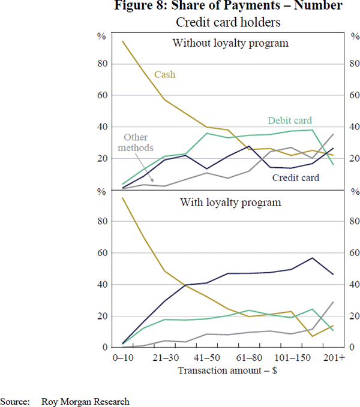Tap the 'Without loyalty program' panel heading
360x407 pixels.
tap(230, 43)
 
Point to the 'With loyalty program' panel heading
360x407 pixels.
tap(230, 202)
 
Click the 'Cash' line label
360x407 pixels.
tap(165, 75)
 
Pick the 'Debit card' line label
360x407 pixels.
tap(290, 120)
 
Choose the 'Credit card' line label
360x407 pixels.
tap(296, 177)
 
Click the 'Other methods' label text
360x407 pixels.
tap(136, 143)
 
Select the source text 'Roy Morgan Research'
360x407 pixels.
tap(86, 401)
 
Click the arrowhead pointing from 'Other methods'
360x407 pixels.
tap(154, 180)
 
